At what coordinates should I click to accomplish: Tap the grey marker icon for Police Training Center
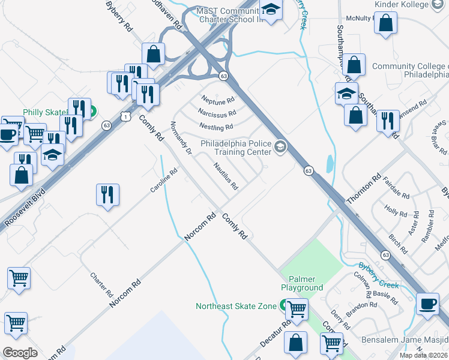pos(280,147)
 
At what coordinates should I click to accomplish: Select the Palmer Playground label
pos(306,283)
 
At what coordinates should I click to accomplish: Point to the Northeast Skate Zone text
pos(236,306)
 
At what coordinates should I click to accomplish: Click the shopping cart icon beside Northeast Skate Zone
pos(297,309)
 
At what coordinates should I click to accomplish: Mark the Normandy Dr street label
pos(181,139)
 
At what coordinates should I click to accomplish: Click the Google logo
pos(20,353)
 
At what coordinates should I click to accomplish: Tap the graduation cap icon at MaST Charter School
pos(271,9)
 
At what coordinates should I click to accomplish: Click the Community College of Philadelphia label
pos(410,71)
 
